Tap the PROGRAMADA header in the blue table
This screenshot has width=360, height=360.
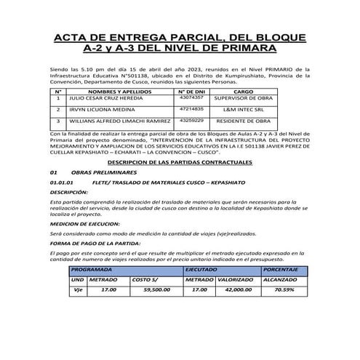click(96, 268)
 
